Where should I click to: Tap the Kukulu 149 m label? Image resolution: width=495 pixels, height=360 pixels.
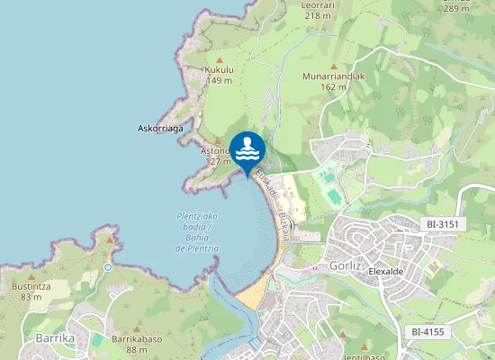pyautogui.click(x=219, y=75)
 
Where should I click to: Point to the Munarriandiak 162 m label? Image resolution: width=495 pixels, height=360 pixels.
pyautogui.click(x=333, y=82)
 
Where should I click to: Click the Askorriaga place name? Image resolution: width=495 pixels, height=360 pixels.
pyautogui.click(x=160, y=129)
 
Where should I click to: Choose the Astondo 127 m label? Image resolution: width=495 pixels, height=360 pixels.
pyautogui.click(x=216, y=157)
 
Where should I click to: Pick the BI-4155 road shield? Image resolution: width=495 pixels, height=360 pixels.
pyautogui.click(x=427, y=332)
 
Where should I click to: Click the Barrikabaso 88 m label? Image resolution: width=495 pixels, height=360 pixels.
pyautogui.click(x=136, y=345)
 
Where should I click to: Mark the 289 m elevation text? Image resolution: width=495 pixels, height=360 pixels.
pyautogui.click(x=456, y=8)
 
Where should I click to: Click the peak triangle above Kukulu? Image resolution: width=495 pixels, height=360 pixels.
pyautogui.click(x=219, y=58)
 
